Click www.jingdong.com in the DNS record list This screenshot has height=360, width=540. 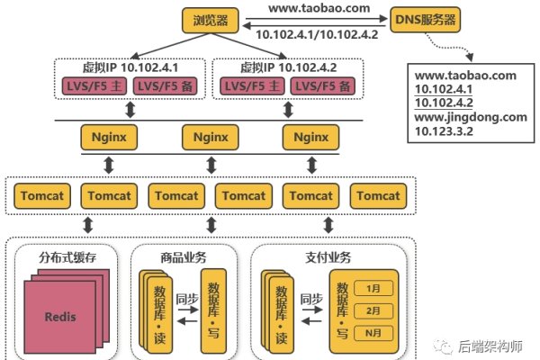(470, 117)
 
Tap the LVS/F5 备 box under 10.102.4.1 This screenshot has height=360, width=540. (163, 85)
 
